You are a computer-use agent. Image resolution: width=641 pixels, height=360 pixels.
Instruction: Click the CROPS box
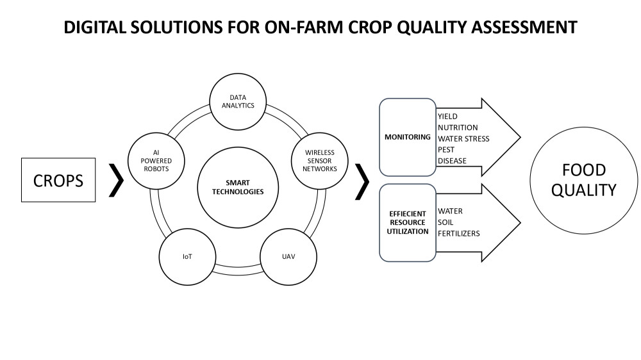pos(58,180)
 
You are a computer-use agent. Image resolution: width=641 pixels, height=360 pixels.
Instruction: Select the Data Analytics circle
pos(238,102)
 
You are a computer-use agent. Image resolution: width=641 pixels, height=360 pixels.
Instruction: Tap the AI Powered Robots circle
pos(156,161)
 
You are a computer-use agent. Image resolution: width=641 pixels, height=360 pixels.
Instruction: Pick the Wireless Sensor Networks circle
pos(320,161)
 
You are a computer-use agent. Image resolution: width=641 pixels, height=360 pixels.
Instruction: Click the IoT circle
pos(187,257)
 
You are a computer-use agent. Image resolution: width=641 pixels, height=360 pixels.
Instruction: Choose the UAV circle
pos(288,257)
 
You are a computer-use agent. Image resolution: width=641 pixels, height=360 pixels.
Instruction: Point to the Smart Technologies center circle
pos(238,187)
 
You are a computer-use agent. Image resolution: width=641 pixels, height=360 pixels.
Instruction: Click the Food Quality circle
pos(584,180)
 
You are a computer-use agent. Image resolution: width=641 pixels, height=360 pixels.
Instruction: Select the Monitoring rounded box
pos(408,137)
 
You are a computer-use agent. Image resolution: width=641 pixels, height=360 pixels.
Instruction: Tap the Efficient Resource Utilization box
pos(408,223)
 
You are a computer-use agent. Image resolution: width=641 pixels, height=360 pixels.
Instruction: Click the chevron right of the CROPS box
pos(117,180)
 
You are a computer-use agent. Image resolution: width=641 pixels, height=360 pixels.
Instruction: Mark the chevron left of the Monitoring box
pos(362,182)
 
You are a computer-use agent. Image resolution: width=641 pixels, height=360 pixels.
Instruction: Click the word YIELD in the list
pos(447,117)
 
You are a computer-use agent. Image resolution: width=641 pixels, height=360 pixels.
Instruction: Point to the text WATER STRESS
pos(463,138)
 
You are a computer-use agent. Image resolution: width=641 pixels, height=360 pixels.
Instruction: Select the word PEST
pos(446,149)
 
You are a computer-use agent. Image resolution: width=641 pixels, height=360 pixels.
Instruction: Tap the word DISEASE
pos(452,161)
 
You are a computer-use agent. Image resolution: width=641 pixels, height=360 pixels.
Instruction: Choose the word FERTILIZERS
pos(459,233)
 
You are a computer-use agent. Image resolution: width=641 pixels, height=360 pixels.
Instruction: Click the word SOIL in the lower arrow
pos(445,222)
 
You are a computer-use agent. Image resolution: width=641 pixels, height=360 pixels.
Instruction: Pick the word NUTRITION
pos(458,127)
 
